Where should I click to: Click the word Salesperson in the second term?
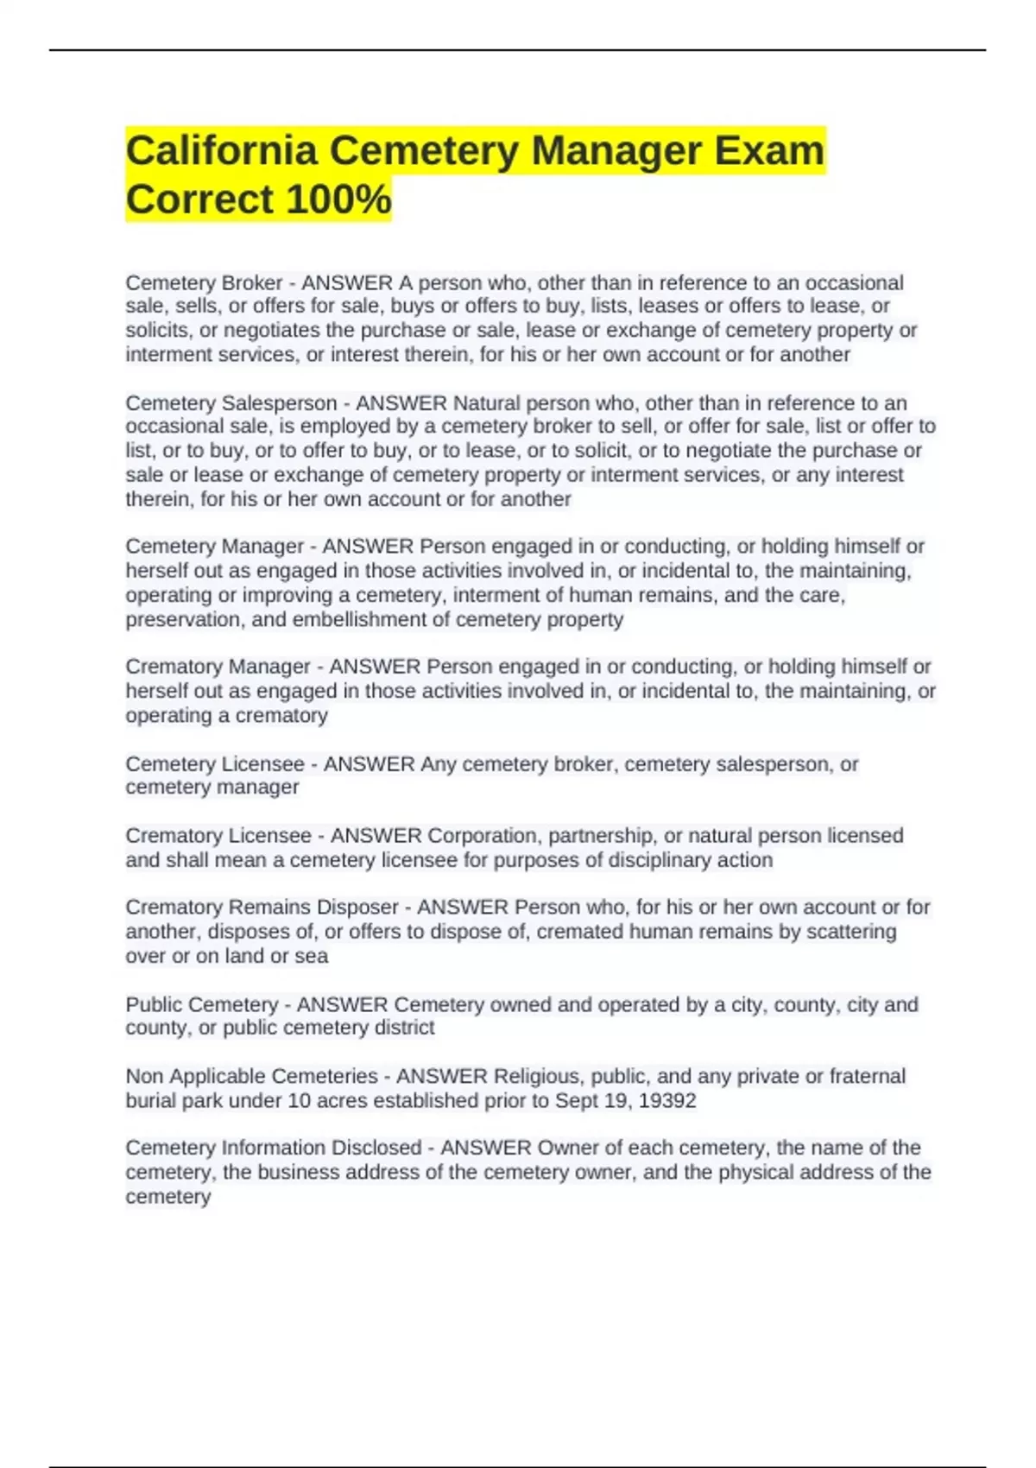[279, 403]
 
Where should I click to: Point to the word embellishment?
[370, 620]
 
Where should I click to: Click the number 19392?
[666, 1101]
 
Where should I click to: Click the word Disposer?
[357, 908]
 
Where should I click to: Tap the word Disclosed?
[376, 1148]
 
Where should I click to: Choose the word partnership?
[602, 836]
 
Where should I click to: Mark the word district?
[405, 1028]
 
